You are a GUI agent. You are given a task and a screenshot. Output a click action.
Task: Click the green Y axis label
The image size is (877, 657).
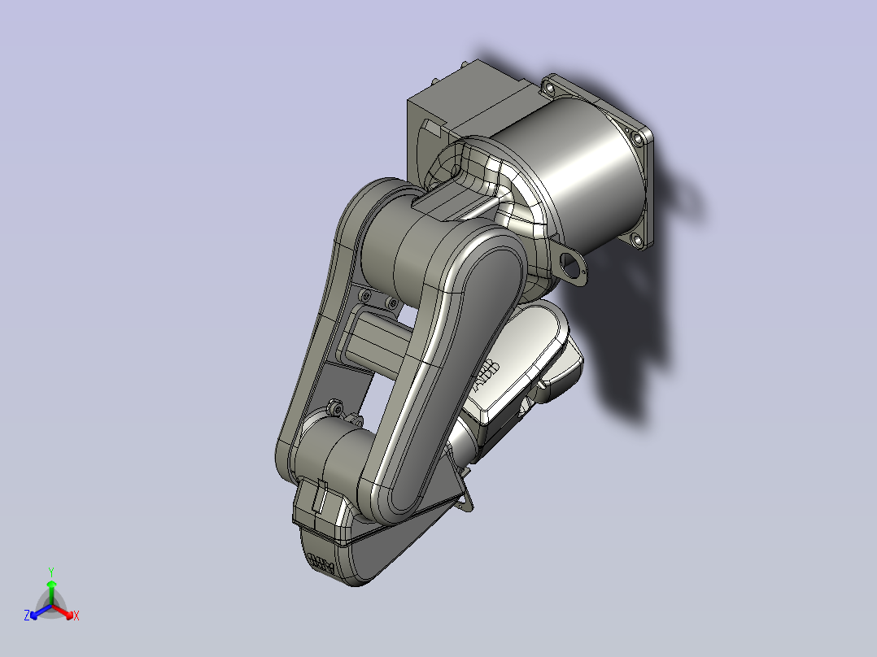pos(50,572)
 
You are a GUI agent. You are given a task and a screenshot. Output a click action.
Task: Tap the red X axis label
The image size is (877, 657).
pos(76,616)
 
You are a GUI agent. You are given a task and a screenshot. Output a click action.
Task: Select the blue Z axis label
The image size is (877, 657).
pos(27,616)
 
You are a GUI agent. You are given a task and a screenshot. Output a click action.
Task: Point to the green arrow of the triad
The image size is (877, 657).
pos(50,589)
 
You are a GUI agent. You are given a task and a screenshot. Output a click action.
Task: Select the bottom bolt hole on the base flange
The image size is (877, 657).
pos(636,241)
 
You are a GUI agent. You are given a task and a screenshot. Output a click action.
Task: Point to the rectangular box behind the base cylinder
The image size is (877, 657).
pos(456,110)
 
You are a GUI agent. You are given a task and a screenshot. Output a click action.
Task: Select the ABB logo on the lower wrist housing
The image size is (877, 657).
pos(322,564)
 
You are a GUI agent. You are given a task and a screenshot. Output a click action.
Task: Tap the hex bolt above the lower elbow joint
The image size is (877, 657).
pos(334,406)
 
